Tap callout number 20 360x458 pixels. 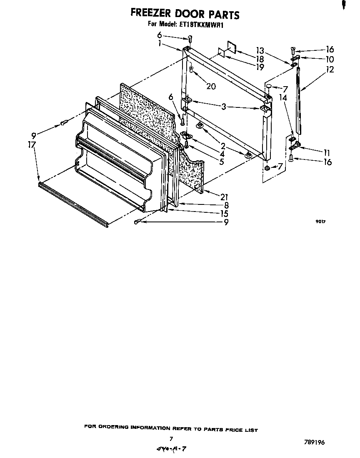pyautogui.click(x=211, y=86)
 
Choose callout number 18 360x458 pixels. pyautogui.click(x=260, y=59)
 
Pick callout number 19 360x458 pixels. pyautogui.click(x=260, y=67)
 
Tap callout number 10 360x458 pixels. pyautogui.click(x=330, y=59)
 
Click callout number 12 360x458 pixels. pyautogui.click(x=330, y=70)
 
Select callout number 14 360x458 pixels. pyautogui.click(x=283, y=97)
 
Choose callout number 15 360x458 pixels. pyautogui.click(x=225, y=213)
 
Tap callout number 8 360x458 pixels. pyautogui.click(x=226, y=205)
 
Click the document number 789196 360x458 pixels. pyautogui.click(x=315, y=442)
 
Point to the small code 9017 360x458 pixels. pyautogui.click(x=320, y=222)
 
